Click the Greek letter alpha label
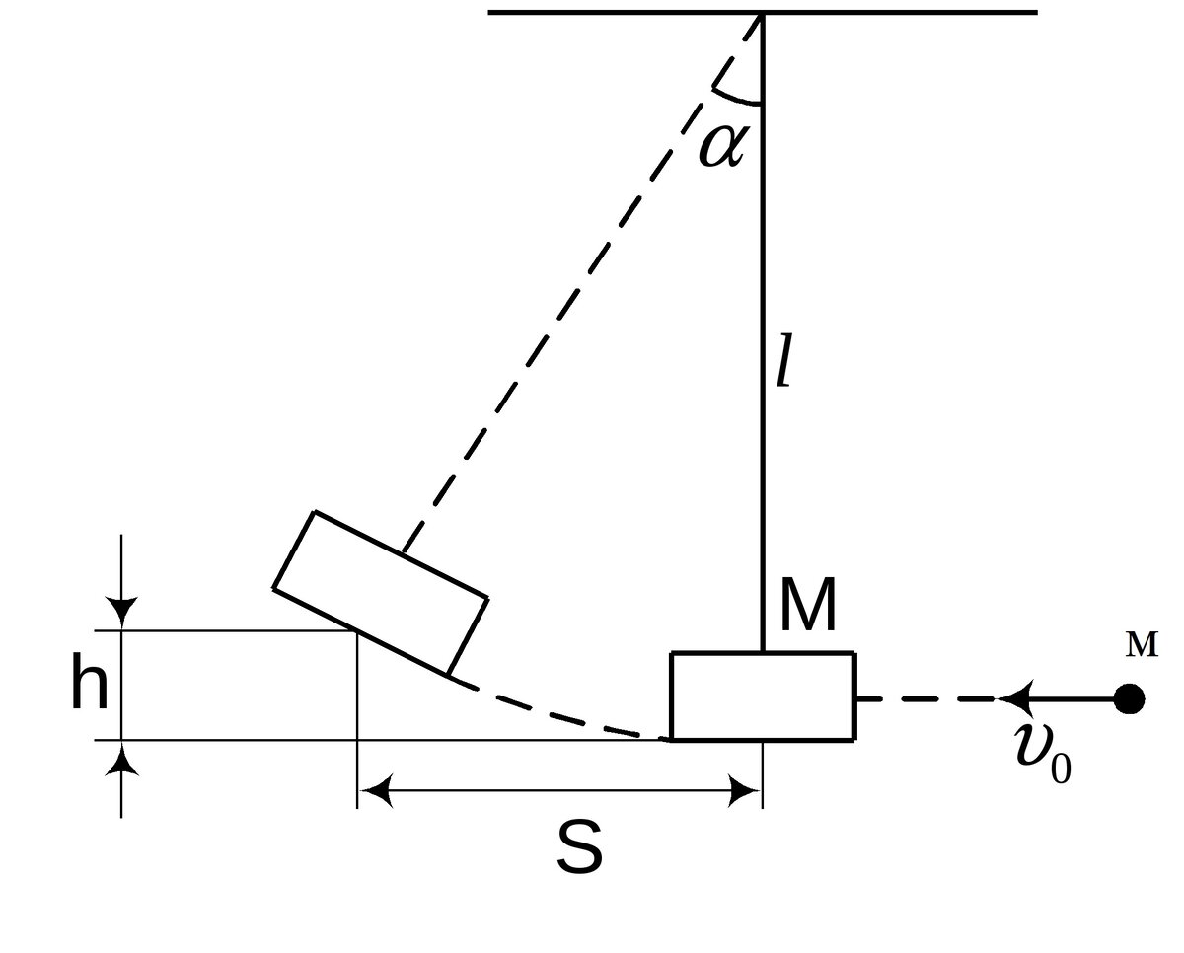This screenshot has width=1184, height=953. [x=723, y=145]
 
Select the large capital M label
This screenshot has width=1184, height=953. [x=808, y=606]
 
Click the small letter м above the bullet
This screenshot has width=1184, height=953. [x=1142, y=645]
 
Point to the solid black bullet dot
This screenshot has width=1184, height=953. [x=1129, y=699]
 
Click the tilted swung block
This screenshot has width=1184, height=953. [x=381, y=593]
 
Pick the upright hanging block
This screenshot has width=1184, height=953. [x=763, y=696]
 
